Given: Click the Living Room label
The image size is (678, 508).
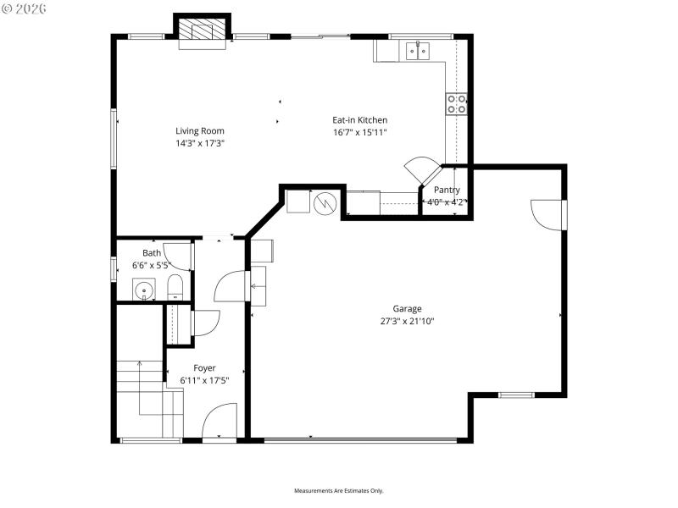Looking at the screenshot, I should (200, 130).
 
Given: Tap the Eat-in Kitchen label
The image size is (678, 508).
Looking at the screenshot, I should (359, 120).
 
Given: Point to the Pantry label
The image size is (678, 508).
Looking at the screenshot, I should (447, 190).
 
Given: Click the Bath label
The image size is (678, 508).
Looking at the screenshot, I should (151, 253).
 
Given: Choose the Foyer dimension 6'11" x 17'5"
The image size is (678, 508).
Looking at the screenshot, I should (204, 380).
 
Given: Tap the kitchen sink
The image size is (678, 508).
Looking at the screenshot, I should (417, 52).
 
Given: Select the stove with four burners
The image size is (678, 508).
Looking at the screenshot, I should (456, 104).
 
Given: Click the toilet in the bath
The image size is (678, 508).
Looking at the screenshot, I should (174, 287).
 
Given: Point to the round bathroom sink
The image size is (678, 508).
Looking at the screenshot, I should (145, 292).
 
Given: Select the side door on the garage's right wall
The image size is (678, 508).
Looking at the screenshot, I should (548, 213).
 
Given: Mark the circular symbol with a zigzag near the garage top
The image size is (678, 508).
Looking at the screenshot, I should (325, 204).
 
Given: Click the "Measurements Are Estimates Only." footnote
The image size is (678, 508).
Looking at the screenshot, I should (339, 491).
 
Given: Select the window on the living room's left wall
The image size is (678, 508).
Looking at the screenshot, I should (114, 138).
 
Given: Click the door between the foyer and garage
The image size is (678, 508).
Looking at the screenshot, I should (231, 287).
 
